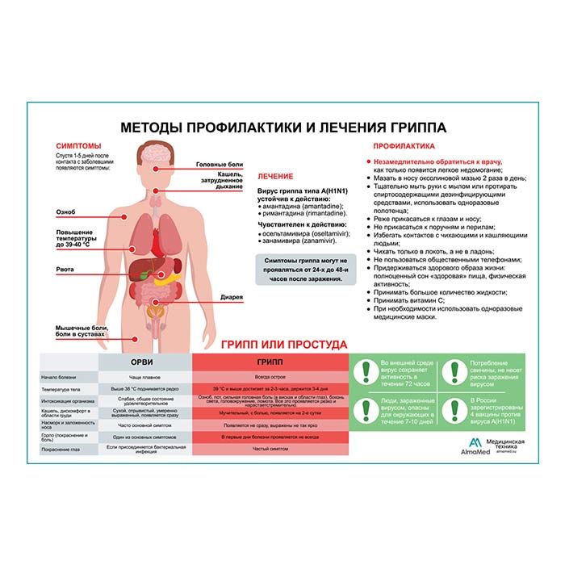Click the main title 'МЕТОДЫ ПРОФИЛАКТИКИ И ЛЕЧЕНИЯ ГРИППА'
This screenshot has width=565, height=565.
[x=282, y=128]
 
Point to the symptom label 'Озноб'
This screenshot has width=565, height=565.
[x=65, y=212]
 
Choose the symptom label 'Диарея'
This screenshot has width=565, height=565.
[x=232, y=297]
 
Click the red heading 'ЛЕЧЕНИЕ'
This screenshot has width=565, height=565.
[x=275, y=176]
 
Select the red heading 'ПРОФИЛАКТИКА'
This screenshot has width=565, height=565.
[x=404, y=146]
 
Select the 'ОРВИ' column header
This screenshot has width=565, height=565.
[x=145, y=362]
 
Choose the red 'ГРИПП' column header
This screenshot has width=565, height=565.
[x=270, y=362]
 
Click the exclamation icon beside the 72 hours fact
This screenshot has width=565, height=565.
[x=367, y=370]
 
